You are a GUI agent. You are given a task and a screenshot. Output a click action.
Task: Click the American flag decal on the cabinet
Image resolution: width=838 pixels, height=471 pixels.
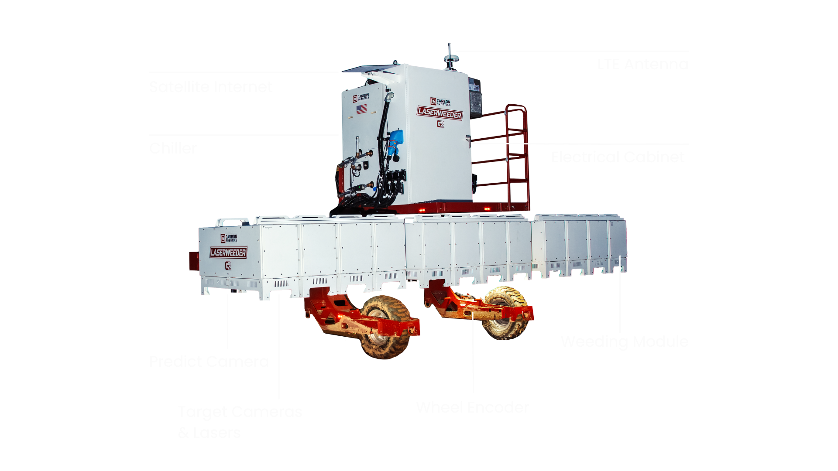[x=361, y=109]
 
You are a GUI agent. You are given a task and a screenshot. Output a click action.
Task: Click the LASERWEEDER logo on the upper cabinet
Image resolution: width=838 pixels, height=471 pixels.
[x=440, y=113]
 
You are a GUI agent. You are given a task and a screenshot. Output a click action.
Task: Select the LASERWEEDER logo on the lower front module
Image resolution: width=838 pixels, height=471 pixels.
[x=228, y=253]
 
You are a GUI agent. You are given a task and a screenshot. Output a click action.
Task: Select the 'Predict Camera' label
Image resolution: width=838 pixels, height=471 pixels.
[x=209, y=365]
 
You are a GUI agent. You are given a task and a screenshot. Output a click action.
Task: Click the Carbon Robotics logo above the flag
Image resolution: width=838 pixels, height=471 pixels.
[x=361, y=97]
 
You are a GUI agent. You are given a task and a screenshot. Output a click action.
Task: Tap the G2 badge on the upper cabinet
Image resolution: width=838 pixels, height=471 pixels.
[x=440, y=124]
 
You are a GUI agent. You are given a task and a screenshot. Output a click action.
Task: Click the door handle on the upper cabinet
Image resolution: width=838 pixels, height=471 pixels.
[x=468, y=138]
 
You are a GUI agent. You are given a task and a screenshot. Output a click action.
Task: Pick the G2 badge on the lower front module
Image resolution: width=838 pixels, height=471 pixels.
[x=228, y=265]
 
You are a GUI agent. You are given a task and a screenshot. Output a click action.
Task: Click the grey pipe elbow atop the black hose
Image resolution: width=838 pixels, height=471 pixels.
[x=390, y=95]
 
